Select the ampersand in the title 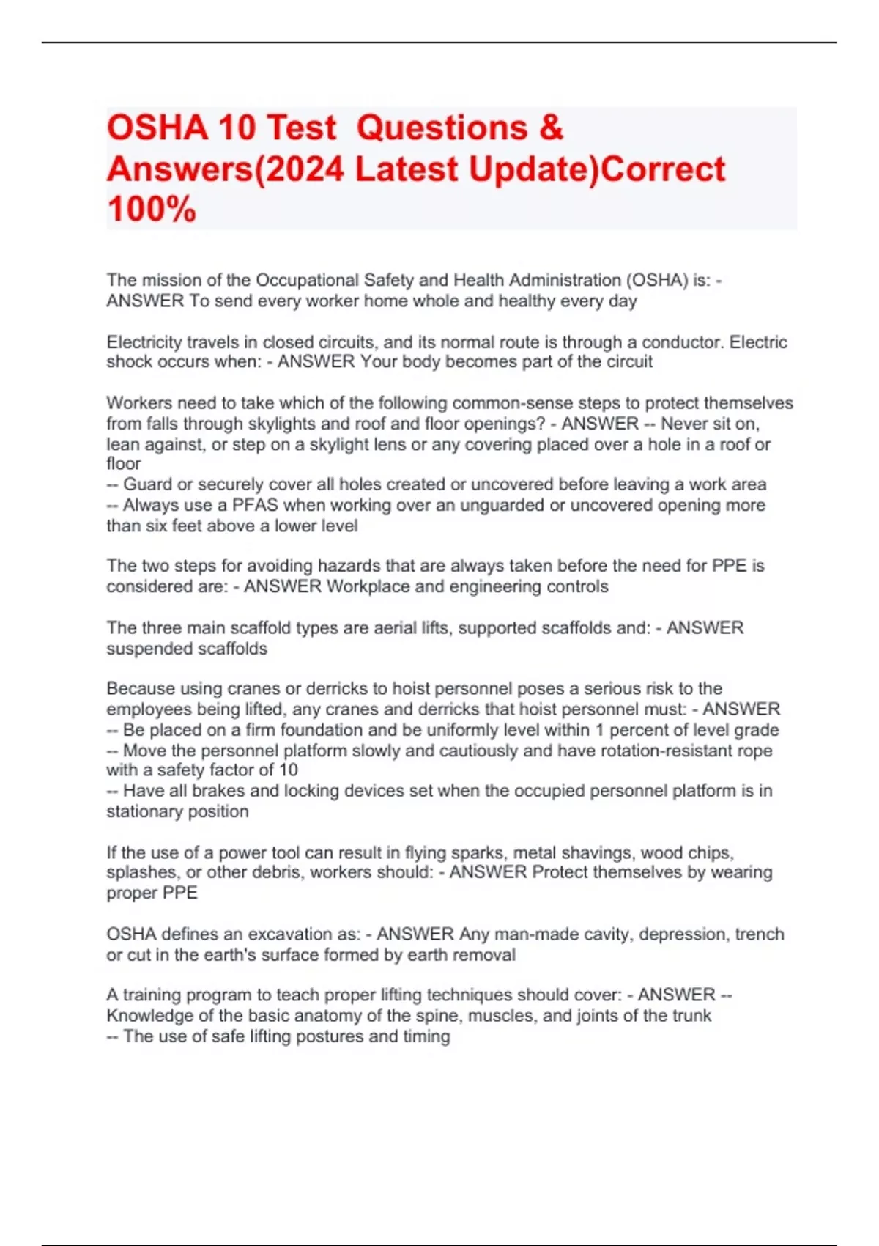[x=551, y=128]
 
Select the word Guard [x=144, y=484]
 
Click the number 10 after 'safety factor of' [x=289, y=770]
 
